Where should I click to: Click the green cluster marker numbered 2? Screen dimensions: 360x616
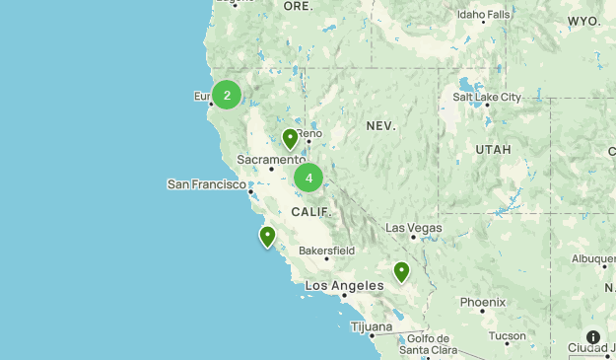(227, 95)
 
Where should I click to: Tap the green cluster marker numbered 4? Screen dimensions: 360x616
(308, 178)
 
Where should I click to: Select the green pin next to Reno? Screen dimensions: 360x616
(290, 138)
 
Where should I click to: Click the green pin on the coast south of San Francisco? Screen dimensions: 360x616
(267, 236)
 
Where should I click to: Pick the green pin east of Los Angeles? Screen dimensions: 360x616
(401, 271)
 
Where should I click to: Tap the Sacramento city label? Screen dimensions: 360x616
(271, 159)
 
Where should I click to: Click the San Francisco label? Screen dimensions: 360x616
(206, 183)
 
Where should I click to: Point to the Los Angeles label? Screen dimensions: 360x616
(344, 286)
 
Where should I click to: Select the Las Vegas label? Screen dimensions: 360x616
(414, 228)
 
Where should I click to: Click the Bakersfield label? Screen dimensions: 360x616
(326, 251)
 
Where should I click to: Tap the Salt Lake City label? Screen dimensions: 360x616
(487, 97)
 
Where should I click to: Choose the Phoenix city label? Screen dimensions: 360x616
(482, 302)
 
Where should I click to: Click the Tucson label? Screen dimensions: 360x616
(508, 335)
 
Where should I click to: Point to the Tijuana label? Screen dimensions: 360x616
(371, 326)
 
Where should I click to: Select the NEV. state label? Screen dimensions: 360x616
(380, 126)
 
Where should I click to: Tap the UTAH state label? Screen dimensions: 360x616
(493, 149)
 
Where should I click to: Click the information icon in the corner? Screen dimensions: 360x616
(593, 337)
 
